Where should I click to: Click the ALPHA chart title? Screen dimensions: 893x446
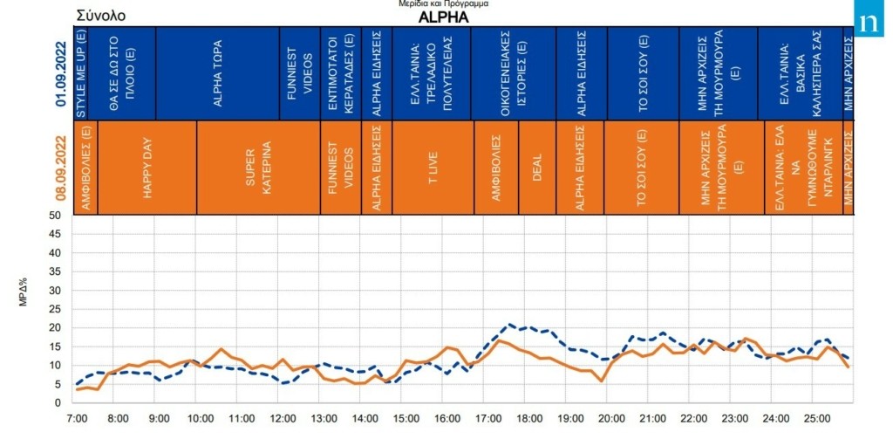pyautogui.click(x=443, y=17)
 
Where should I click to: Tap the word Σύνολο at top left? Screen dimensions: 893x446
pyautogui.click(x=100, y=16)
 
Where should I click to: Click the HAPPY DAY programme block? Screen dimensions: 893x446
pyautogui.click(x=147, y=168)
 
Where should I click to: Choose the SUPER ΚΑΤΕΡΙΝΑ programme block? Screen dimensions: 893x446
pyautogui.click(x=258, y=168)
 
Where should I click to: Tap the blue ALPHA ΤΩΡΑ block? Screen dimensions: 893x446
pyautogui.click(x=217, y=73)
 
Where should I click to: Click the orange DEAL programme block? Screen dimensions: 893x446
pyautogui.click(x=537, y=168)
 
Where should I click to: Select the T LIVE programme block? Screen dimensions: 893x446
pyautogui.click(x=433, y=168)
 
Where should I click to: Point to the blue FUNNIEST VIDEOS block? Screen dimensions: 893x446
pyautogui.click(x=300, y=73)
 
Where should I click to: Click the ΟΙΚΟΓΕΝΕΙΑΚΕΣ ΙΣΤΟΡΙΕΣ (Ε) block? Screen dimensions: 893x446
pyautogui.click(x=513, y=73)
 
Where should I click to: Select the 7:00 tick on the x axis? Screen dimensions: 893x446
pyautogui.click(x=77, y=418)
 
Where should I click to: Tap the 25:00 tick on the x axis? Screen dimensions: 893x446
pyautogui.click(x=817, y=418)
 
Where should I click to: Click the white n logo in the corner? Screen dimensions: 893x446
pyautogui.click(x=869, y=22)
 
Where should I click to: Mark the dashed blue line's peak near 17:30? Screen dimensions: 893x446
pyautogui.click(x=509, y=324)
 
